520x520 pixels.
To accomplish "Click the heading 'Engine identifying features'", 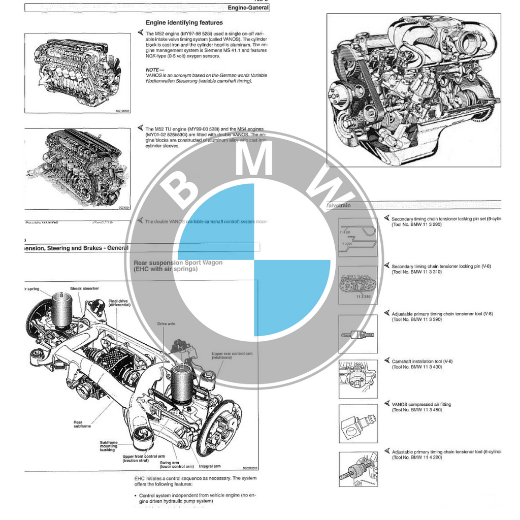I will [184, 22].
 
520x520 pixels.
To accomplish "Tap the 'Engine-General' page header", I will [248, 8].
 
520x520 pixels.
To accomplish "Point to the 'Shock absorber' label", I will [84, 288].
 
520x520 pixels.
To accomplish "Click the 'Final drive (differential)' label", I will [119, 303].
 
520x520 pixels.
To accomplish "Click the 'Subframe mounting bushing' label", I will [109, 445].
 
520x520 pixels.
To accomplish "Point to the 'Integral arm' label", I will [209, 466].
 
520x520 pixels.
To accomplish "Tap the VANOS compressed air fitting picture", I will [358, 424].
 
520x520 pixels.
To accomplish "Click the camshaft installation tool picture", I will [358, 379].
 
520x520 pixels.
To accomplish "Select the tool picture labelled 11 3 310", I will [358, 285].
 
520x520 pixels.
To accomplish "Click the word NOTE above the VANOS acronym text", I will [152, 70].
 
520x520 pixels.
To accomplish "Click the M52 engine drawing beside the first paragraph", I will [78, 73].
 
